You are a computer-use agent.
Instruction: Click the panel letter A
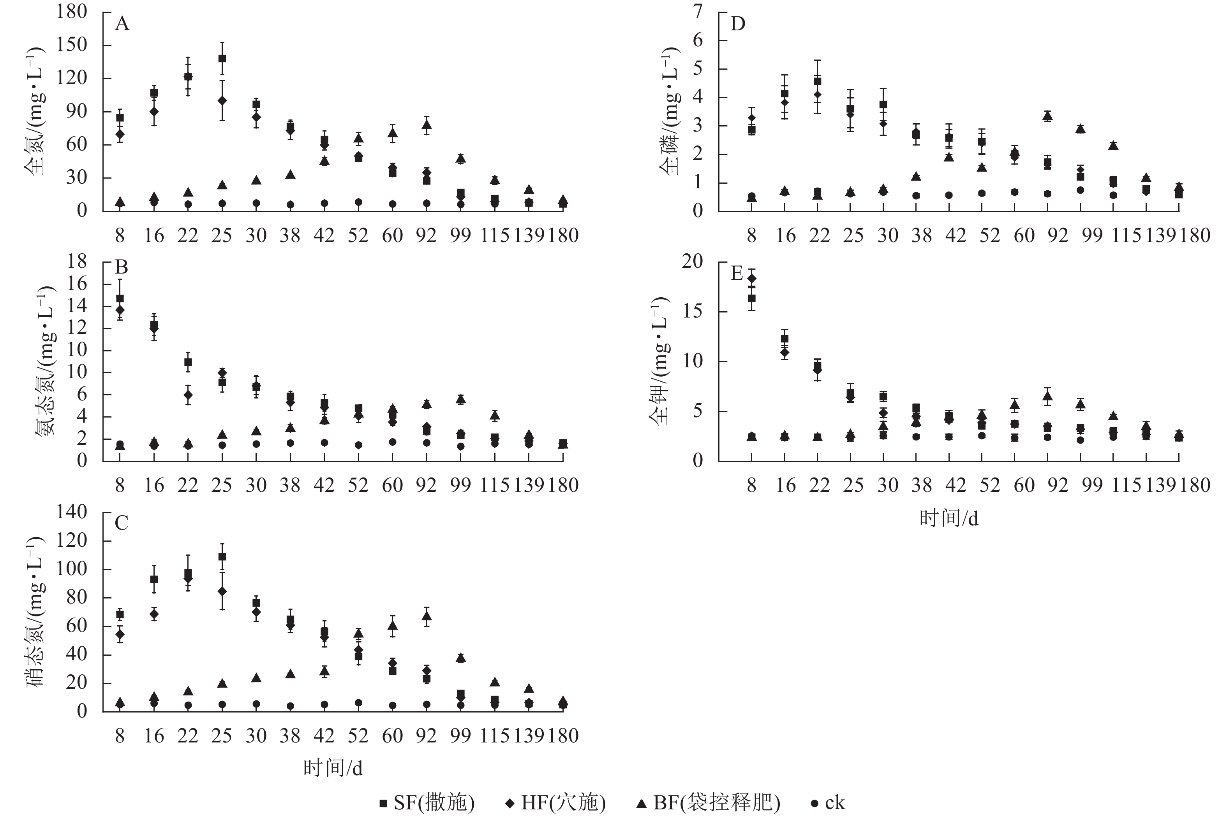[x=122, y=24]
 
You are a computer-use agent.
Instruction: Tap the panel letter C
[x=122, y=523]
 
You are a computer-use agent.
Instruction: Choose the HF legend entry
[x=556, y=802]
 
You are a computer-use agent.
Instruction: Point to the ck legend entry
[x=828, y=802]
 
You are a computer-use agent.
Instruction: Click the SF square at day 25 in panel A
[x=222, y=58]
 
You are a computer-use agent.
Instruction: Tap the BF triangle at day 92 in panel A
[x=427, y=125]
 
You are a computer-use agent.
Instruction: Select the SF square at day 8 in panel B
[x=120, y=299]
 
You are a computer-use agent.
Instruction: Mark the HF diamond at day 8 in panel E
[x=751, y=278]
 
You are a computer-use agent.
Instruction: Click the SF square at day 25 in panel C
[x=222, y=556]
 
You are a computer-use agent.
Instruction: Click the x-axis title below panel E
[x=948, y=518]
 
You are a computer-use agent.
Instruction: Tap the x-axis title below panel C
[x=333, y=768]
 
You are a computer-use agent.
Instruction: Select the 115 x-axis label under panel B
[x=494, y=485]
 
